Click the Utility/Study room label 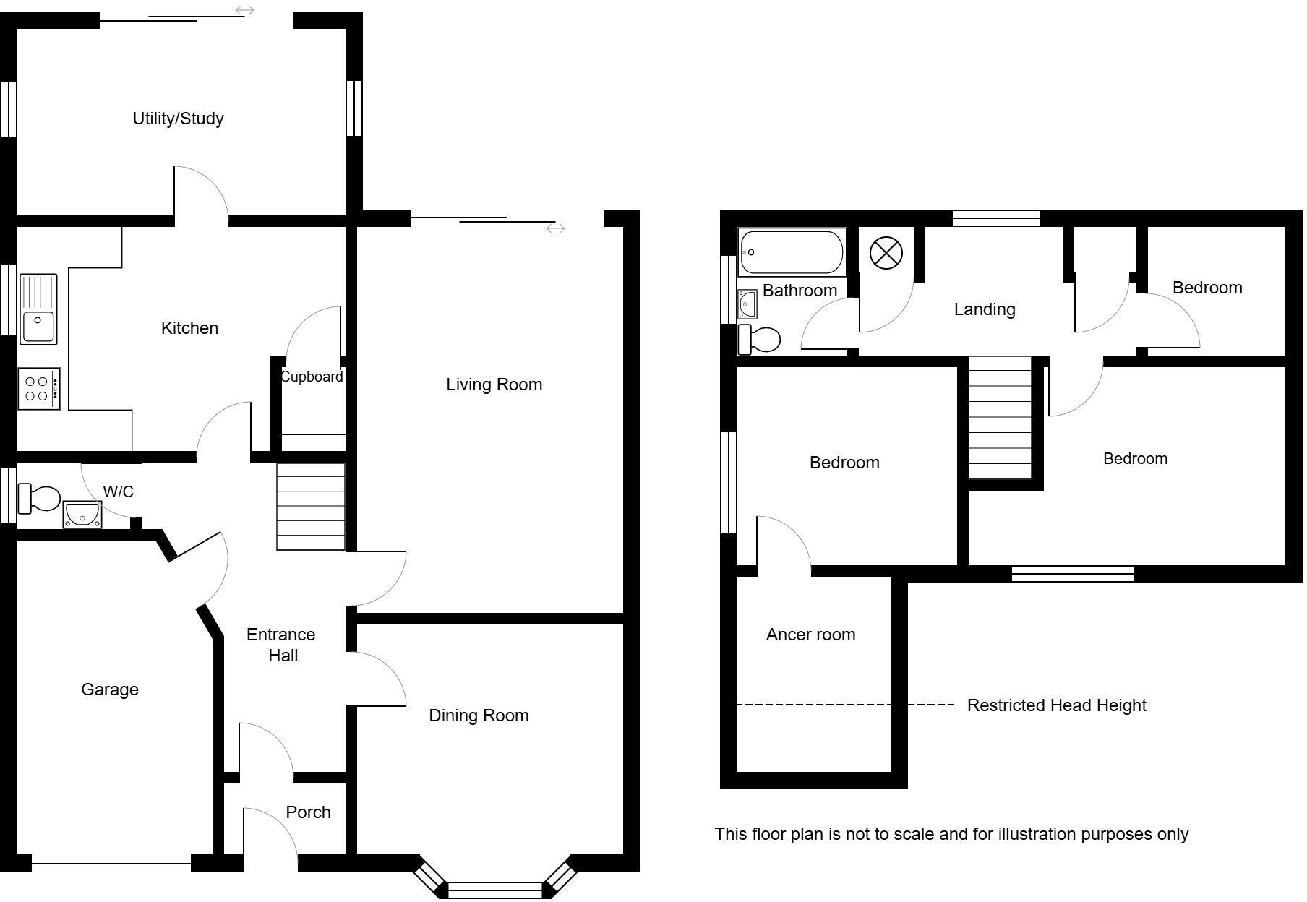click(178, 119)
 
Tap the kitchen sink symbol click(38, 309)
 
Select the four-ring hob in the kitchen click(39, 389)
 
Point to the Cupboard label click(312, 377)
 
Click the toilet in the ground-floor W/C click(40, 498)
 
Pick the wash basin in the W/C click(82, 514)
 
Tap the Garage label click(110, 690)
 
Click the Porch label click(308, 812)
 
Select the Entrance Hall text click(281, 645)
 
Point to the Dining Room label click(479, 716)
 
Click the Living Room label click(494, 385)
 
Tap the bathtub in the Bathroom click(792, 252)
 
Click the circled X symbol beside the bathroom click(886, 253)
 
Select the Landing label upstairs click(985, 309)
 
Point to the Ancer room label click(810, 635)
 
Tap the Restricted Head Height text click(1056, 705)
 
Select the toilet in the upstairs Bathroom click(760, 339)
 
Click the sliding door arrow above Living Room click(555, 228)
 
